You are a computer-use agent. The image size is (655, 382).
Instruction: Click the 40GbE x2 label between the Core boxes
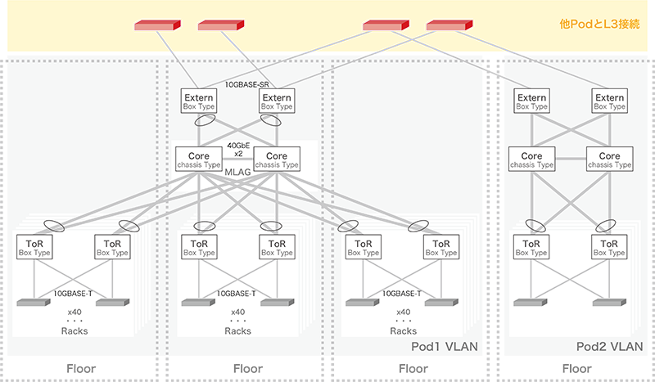click(240, 149)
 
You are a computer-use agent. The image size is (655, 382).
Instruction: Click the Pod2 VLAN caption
click(610, 347)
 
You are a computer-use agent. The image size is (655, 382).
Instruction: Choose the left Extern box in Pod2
click(531, 101)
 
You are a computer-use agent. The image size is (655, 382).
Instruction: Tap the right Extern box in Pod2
click(609, 101)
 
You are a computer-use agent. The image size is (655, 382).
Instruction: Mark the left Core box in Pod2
click(531, 160)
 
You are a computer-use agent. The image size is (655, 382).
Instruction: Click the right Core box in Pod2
click(609, 160)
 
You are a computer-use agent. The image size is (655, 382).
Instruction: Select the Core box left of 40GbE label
click(198, 160)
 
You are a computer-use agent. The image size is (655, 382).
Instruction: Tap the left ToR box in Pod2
click(531, 247)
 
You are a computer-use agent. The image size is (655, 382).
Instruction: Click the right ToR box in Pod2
click(609, 247)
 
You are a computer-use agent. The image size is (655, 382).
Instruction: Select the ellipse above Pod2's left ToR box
click(535, 223)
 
